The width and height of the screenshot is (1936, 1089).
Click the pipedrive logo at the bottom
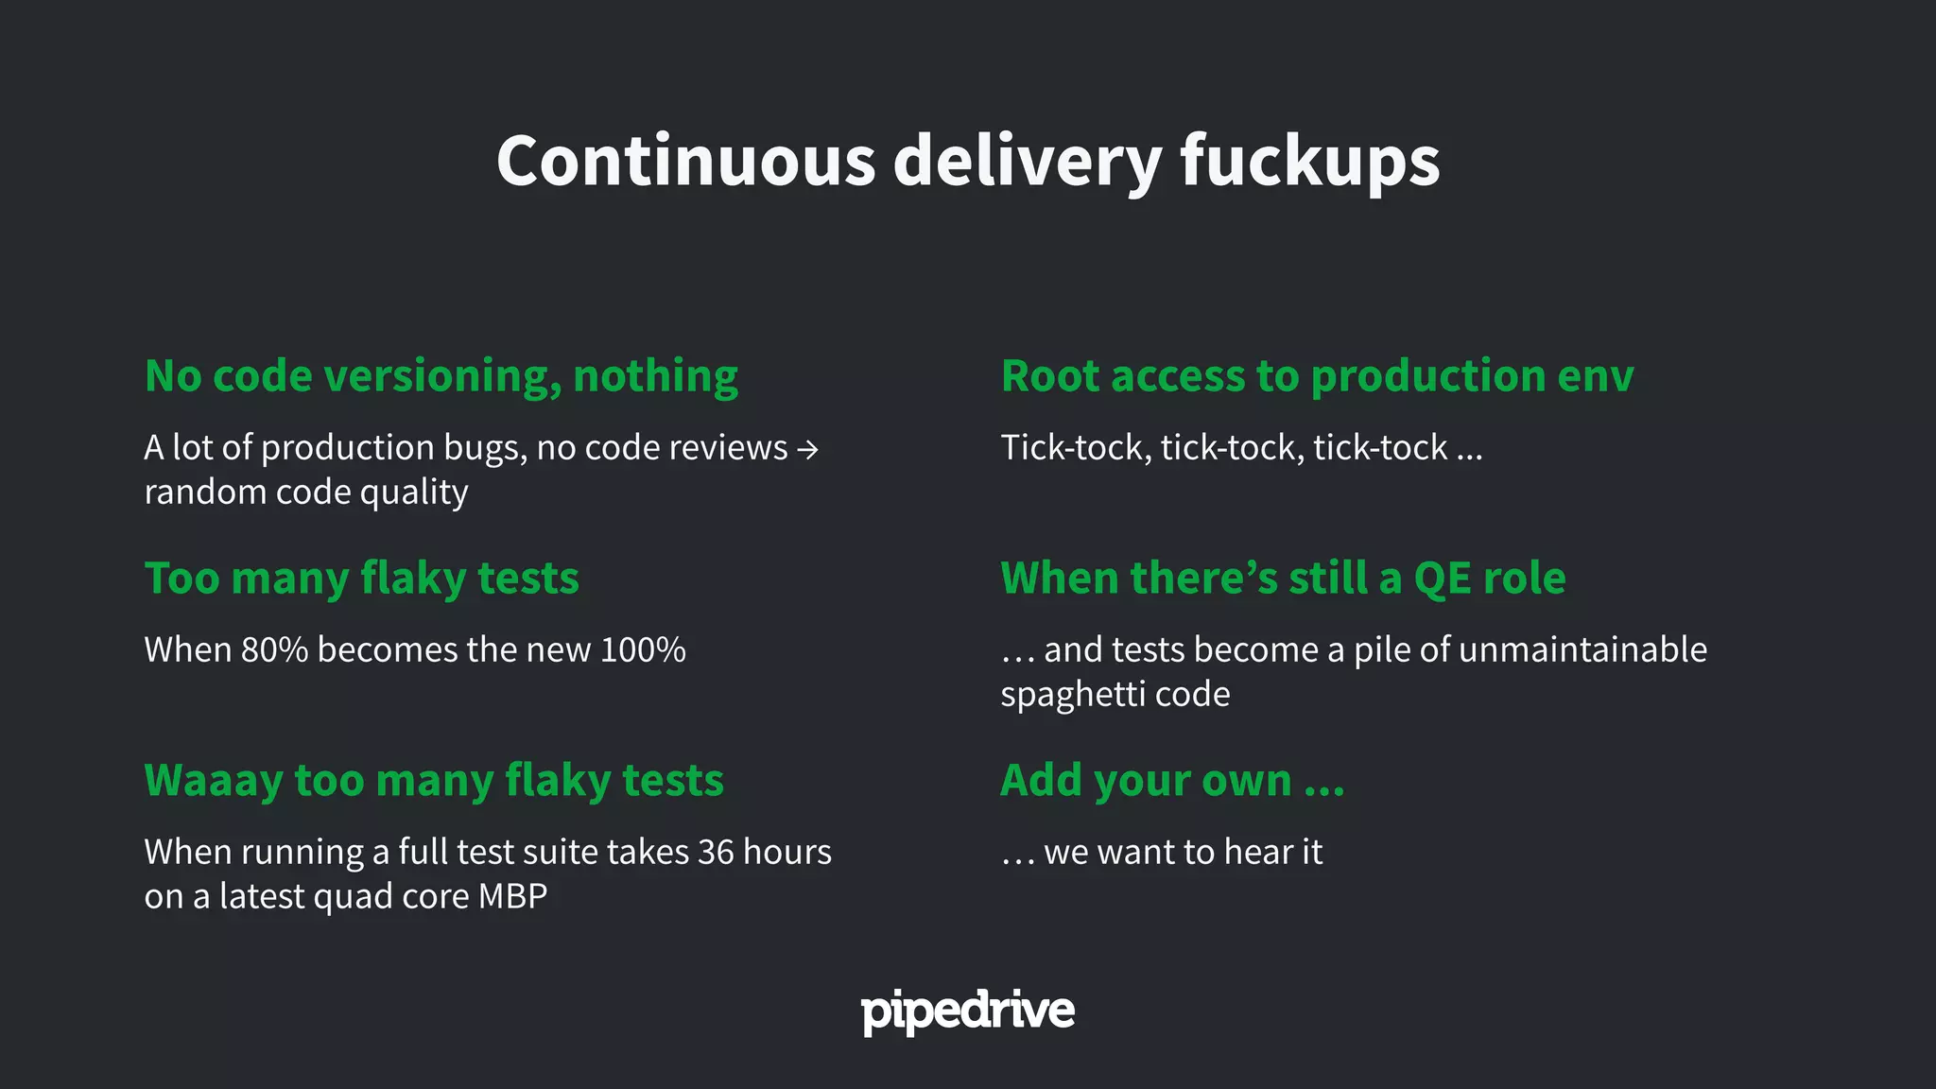coord(967,1011)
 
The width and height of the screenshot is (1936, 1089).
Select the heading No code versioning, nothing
coord(441,376)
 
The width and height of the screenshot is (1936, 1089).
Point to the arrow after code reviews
coord(807,449)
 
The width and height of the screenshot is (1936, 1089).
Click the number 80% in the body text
coord(274,650)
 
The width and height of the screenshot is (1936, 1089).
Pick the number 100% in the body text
coord(643,650)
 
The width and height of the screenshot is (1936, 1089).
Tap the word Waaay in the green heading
coord(213,781)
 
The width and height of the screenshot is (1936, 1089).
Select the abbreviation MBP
coord(512,896)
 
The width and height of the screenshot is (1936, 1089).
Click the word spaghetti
coord(1072,695)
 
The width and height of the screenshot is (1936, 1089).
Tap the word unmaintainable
coord(1582,650)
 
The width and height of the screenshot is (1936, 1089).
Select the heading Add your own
coord(1171,781)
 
